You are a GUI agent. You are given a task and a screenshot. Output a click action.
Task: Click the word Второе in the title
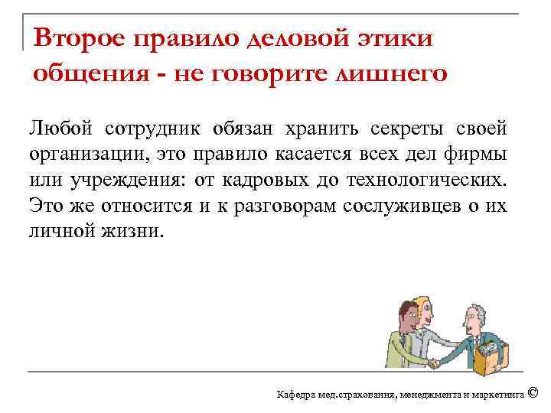(80, 37)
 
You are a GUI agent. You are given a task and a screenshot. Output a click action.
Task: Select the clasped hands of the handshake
(434, 362)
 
